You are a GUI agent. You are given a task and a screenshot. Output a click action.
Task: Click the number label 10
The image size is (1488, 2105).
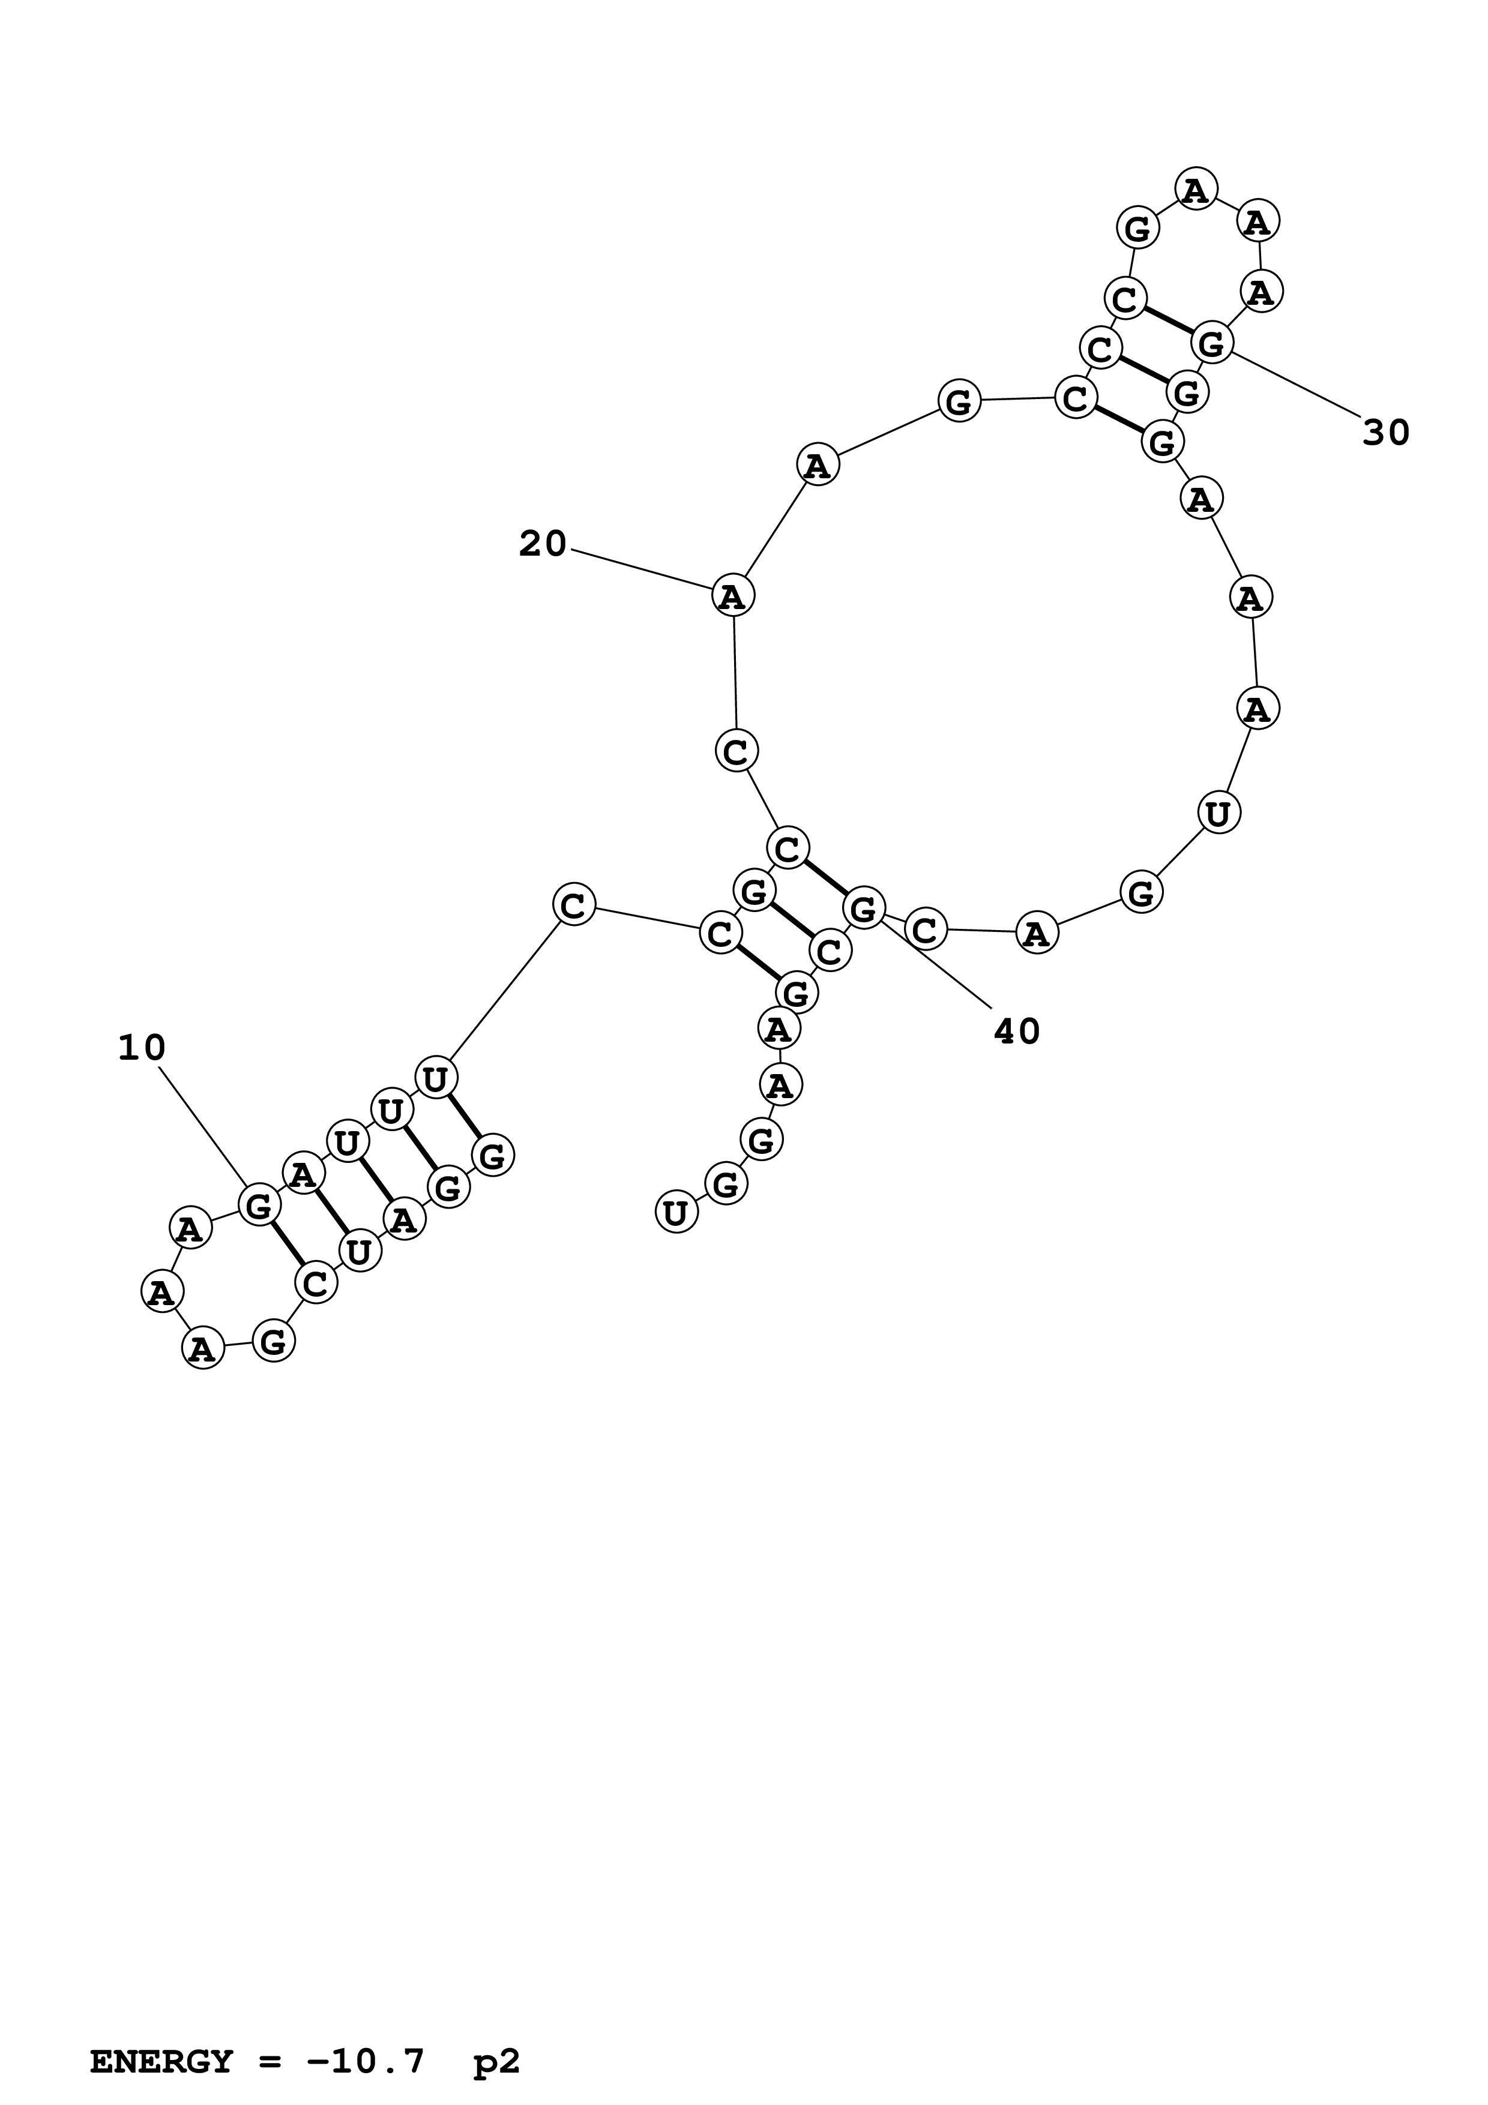coord(142,1048)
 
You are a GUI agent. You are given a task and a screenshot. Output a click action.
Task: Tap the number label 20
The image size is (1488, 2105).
coord(543,545)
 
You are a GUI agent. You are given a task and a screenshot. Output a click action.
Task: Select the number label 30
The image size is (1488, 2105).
coord(1385,432)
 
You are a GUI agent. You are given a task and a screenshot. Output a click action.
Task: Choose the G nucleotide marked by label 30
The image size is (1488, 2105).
coord(1212,344)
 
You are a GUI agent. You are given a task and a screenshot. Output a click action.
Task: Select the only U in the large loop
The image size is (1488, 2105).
coord(1218,813)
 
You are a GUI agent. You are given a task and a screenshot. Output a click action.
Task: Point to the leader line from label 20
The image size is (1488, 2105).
coord(642,568)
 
